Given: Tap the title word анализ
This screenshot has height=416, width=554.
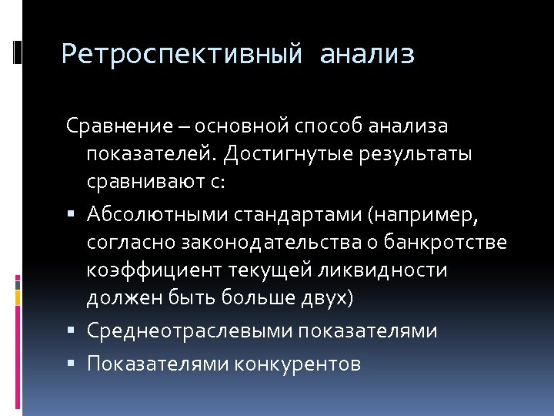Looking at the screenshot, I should coord(366,54).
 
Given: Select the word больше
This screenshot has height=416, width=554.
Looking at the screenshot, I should coord(248,300).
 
